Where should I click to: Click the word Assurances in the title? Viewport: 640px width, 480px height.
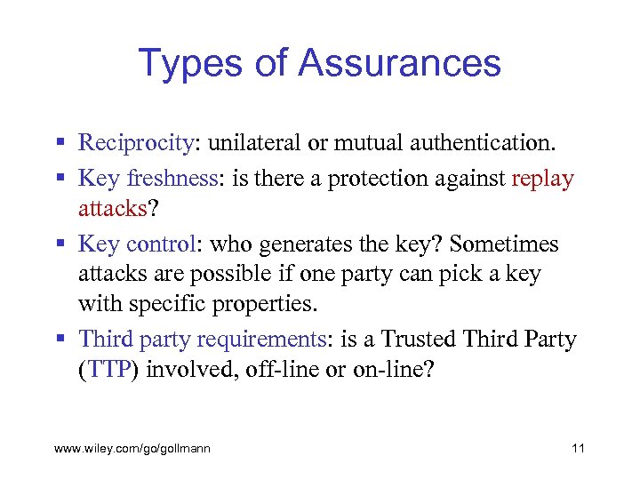pos(400,64)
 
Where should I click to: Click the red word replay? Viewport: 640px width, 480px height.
pos(543,180)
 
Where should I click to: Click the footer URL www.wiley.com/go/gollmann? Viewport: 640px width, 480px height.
pos(132,449)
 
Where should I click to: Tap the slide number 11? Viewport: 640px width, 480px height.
pos(578,449)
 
